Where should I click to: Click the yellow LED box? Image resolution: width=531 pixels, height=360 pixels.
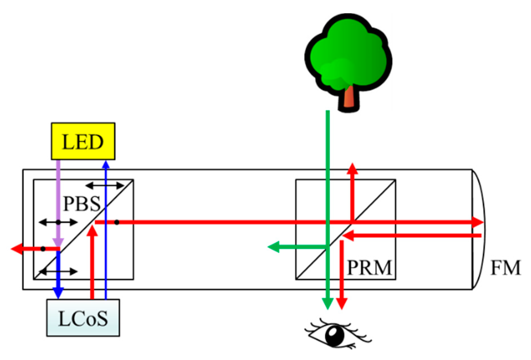pyautogui.click(x=83, y=141)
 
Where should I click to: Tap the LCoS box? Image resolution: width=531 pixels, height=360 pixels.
pyautogui.click(x=83, y=318)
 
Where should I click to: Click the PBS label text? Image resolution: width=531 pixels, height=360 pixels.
pyautogui.click(x=82, y=204)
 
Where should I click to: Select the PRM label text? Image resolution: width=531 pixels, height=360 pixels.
pyautogui.click(x=369, y=268)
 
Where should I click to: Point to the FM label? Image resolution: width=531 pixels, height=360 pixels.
pyautogui.click(x=505, y=268)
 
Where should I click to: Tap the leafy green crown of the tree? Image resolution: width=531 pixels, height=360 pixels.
pyautogui.click(x=348, y=53)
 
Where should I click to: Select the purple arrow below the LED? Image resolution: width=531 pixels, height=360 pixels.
pyautogui.click(x=58, y=202)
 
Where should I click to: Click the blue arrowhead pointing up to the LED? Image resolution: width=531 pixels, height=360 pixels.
pyautogui.click(x=106, y=164)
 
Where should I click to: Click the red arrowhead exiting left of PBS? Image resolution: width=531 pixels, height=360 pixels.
pyautogui.click(x=17, y=249)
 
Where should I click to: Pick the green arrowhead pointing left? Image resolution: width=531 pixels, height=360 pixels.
pyautogui.click(x=274, y=247)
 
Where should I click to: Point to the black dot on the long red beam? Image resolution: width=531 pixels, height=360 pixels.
pyautogui.click(x=117, y=222)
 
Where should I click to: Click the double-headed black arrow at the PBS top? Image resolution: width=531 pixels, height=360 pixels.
pyautogui.click(x=104, y=186)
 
